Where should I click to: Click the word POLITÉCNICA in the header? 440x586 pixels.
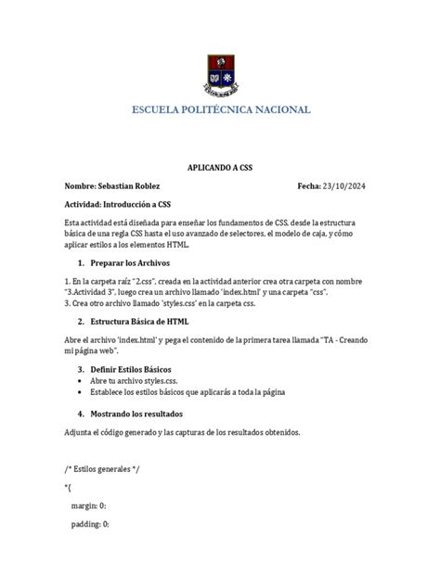(x=209, y=110)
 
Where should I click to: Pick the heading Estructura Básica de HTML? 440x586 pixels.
(x=139, y=321)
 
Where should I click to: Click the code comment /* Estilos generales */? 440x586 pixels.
(x=102, y=470)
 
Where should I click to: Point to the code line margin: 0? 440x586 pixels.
(x=89, y=506)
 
